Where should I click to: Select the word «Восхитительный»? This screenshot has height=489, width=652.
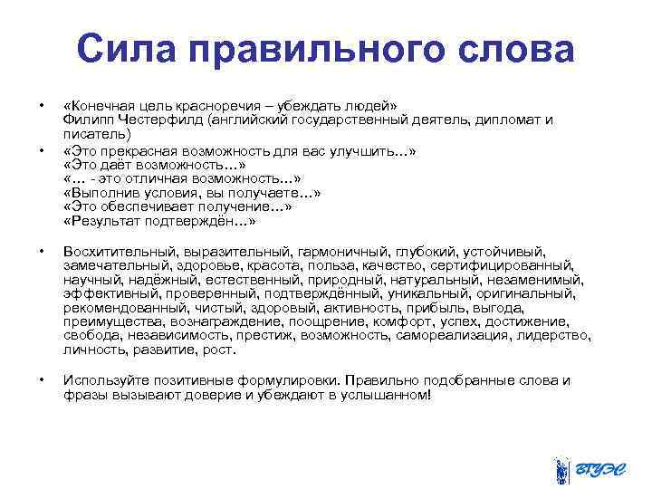point(117,251)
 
